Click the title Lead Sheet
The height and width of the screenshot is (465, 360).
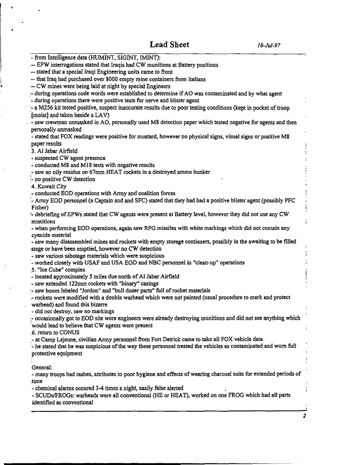169,45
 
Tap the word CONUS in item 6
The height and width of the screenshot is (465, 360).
64,333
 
